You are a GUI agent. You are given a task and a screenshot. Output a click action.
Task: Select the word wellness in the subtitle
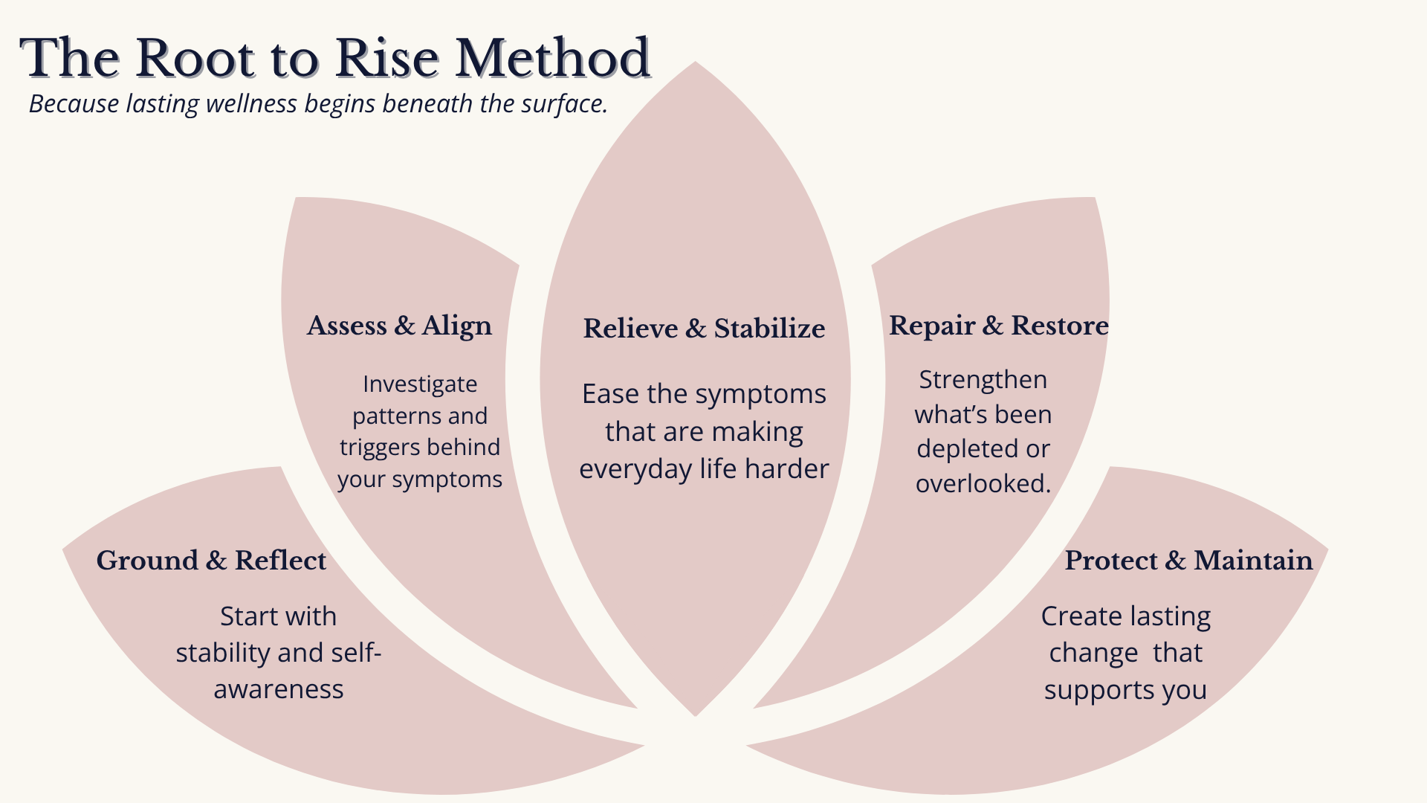click(251, 103)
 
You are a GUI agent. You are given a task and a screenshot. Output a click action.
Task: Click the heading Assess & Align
click(399, 326)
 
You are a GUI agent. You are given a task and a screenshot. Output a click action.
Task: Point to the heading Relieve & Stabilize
click(704, 328)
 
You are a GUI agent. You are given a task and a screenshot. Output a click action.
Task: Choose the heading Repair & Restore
click(998, 326)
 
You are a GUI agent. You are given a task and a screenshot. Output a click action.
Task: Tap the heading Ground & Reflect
click(211, 561)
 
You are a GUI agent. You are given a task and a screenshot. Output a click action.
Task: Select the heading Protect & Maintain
click(1188, 561)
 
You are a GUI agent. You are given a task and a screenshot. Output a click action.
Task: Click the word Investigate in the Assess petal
click(420, 384)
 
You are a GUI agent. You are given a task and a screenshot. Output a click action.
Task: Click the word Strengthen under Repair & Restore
click(983, 380)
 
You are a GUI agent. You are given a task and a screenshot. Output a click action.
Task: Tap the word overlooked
click(983, 484)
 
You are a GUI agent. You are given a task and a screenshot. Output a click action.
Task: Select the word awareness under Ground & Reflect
click(279, 689)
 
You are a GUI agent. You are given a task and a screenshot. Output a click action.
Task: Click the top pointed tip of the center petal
click(695, 63)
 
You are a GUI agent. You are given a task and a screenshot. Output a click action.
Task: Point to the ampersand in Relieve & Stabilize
click(696, 328)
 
